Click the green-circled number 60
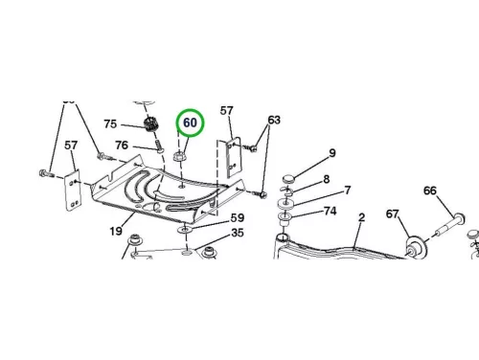pyautogui.click(x=190, y=123)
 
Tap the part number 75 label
pyautogui.click(x=110, y=124)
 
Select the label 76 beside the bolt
pyautogui.click(x=122, y=146)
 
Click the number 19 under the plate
pyautogui.click(x=116, y=231)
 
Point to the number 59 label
pyautogui.click(x=238, y=218)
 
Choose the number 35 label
pyautogui.click(x=238, y=233)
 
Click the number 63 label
pyautogui.click(x=274, y=120)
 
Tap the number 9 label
pyautogui.click(x=332, y=153)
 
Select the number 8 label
pyautogui.click(x=327, y=179)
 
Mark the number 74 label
pyautogui.click(x=331, y=211)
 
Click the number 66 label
pyautogui.click(x=430, y=191)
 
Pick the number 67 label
pyautogui.click(x=393, y=214)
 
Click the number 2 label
pyautogui.click(x=361, y=217)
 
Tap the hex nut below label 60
pyautogui.click(x=178, y=156)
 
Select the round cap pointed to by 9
pyautogui.click(x=289, y=179)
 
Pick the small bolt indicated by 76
pyautogui.click(x=159, y=146)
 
